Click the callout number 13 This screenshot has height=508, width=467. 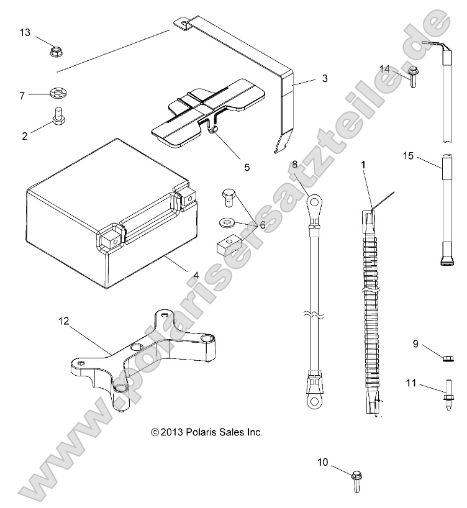click(24, 32)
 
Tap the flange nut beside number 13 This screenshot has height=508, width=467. click(55, 49)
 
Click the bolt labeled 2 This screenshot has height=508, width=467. click(57, 116)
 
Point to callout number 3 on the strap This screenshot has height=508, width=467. click(307, 79)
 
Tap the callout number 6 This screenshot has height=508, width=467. click(262, 224)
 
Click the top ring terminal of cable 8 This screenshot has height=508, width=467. click(314, 202)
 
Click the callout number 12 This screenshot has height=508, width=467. click(64, 321)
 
